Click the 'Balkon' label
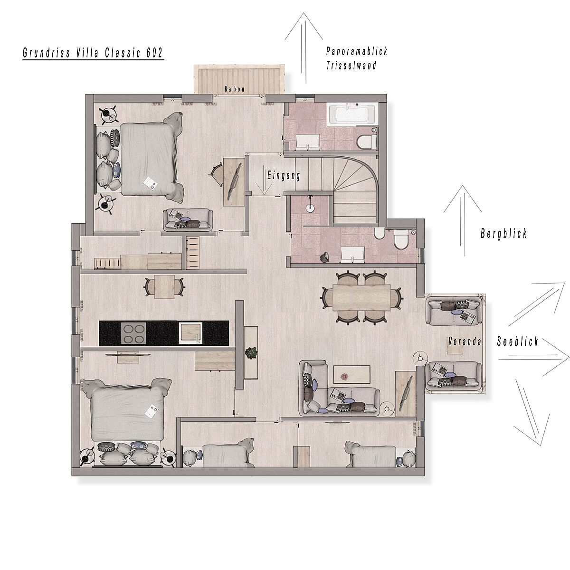pyautogui.click(x=235, y=89)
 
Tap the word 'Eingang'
pyautogui.click(x=284, y=175)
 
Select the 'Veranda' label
pyautogui.click(x=465, y=342)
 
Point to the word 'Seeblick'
pyautogui.click(x=517, y=342)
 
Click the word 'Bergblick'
pyautogui.click(x=503, y=233)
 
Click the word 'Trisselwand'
pyautogui.click(x=351, y=66)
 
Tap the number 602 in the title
pyautogui.click(x=154, y=53)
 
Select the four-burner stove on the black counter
pyautogui.click(x=133, y=333)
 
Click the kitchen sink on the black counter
pyautogui.click(x=191, y=333)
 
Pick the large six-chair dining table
pyautogui.click(x=362, y=297)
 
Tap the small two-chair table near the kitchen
pyautogui.click(x=164, y=287)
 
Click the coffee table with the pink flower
pyautogui.click(x=351, y=374)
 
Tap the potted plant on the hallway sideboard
pyautogui.click(x=251, y=353)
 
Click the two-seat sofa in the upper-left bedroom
pyautogui.click(x=188, y=220)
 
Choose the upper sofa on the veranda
pyautogui.click(x=453, y=311)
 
